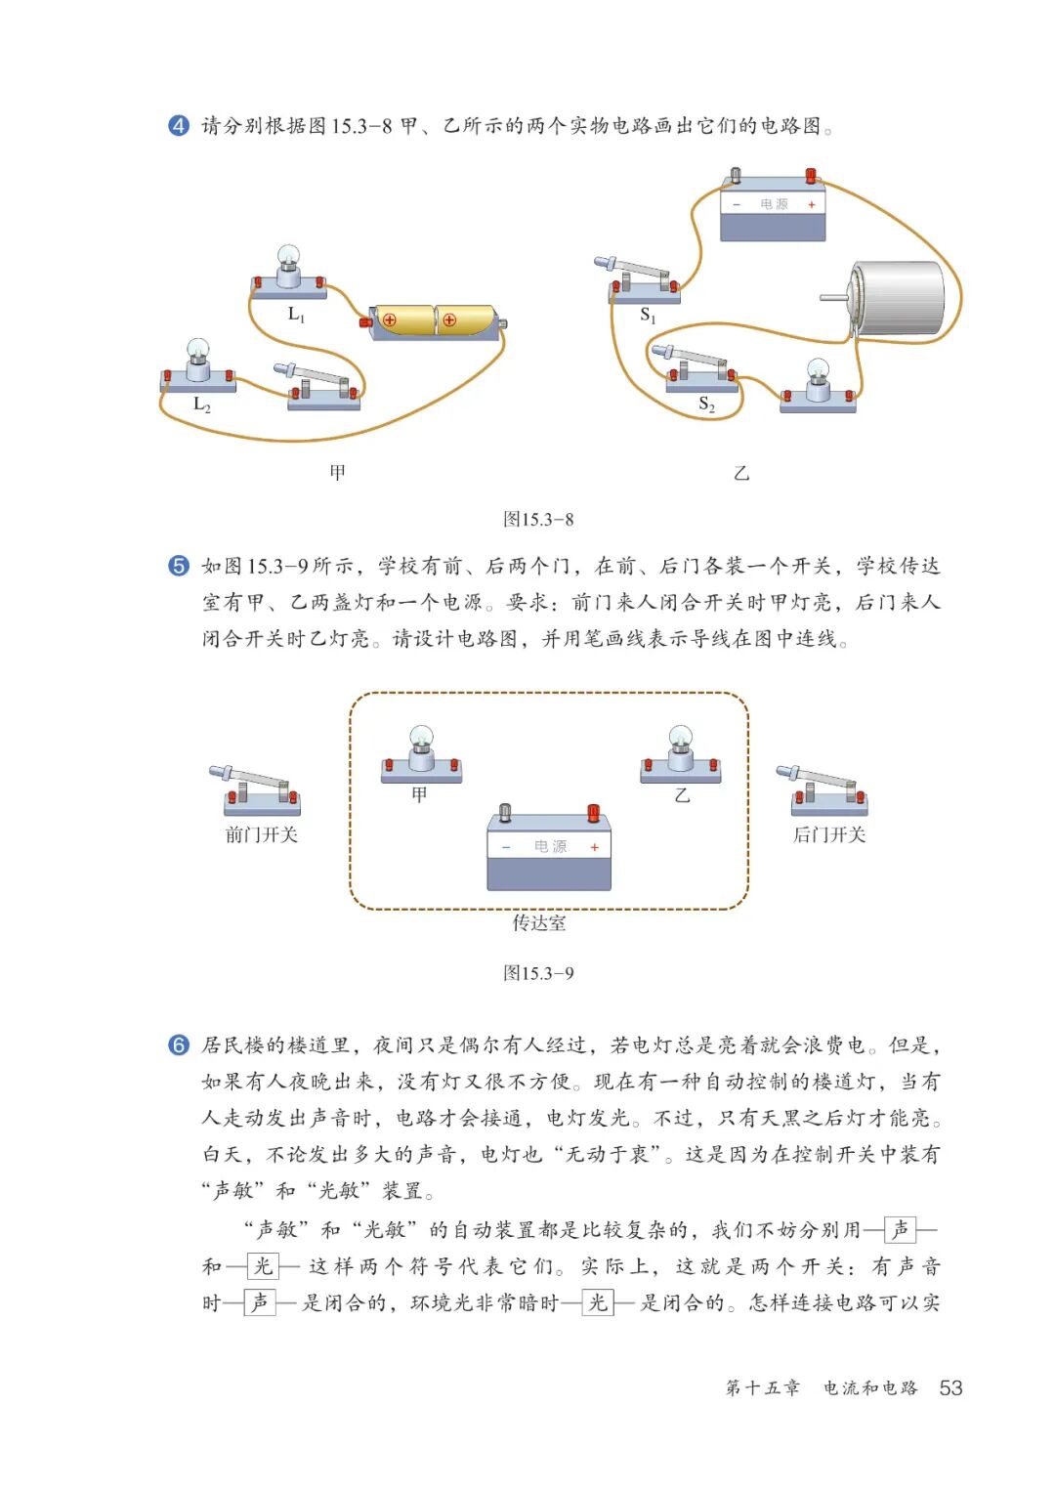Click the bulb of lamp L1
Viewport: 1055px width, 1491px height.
pyautogui.click(x=288, y=257)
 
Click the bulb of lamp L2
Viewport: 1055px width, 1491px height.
pyautogui.click(x=198, y=349)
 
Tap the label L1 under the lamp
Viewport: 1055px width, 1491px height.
pyautogui.click(x=296, y=315)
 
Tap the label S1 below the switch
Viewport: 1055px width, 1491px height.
pyautogui.click(x=648, y=316)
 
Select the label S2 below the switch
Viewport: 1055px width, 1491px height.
pyautogui.click(x=706, y=405)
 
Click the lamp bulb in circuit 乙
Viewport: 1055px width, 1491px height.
pyautogui.click(x=818, y=370)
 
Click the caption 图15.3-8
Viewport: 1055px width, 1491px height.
pyautogui.click(x=538, y=520)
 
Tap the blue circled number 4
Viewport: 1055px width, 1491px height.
pyautogui.click(x=179, y=126)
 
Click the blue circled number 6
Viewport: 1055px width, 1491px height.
pyautogui.click(x=179, y=1045)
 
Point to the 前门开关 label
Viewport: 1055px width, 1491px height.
pyautogui.click(x=261, y=835)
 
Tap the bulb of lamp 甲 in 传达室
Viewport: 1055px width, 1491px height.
pyautogui.click(x=420, y=737)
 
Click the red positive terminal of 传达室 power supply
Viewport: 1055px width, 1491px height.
pyautogui.click(x=593, y=812)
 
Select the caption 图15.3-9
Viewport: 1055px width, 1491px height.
pyautogui.click(x=538, y=973)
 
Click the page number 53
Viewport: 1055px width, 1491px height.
pyautogui.click(x=949, y=1388)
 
